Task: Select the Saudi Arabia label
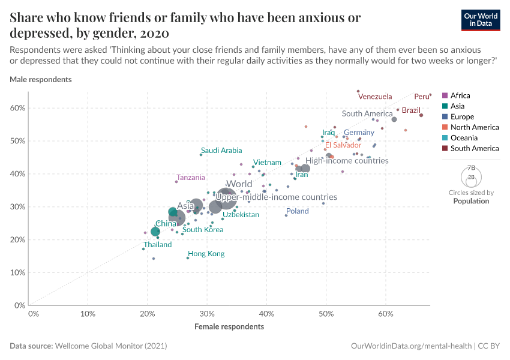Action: [x=221, y=151]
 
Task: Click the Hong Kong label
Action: [x=206, y=254]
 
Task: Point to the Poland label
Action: [x=297, y=211]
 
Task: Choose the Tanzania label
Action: [x=191, y=178]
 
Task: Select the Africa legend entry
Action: [x=460, y=95]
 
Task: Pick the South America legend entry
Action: [x=474, y=148]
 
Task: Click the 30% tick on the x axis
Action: [x=206, y=313]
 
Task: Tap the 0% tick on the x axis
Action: [x=34, y=313]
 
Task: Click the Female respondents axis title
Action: [x=229, y=327]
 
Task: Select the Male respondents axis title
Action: [x=41, y=79]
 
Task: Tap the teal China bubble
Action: [x=155, y=232]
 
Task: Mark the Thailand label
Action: [x=157, y=245]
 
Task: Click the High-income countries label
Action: [x=347, y=161]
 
